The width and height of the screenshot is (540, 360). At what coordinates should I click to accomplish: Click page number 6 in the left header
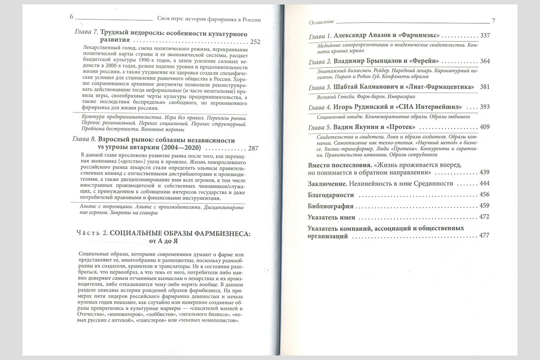[x=71, y=18]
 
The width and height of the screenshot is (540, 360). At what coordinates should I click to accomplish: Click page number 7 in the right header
[x=493, y=21]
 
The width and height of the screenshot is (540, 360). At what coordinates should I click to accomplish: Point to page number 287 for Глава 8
[x=253, y=148]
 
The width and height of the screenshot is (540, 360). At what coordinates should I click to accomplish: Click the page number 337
[x=486, y=36]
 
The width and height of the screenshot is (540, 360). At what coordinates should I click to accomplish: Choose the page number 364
[x=486, y=61]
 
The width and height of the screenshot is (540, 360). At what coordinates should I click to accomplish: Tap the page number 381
[x=486, y=87]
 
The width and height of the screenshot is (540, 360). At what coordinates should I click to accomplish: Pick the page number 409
[x=486, y=127]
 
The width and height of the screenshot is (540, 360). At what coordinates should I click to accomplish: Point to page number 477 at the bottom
[x=484, y=237]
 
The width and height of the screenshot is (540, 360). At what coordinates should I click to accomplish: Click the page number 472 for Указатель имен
[x=484, y=217]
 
